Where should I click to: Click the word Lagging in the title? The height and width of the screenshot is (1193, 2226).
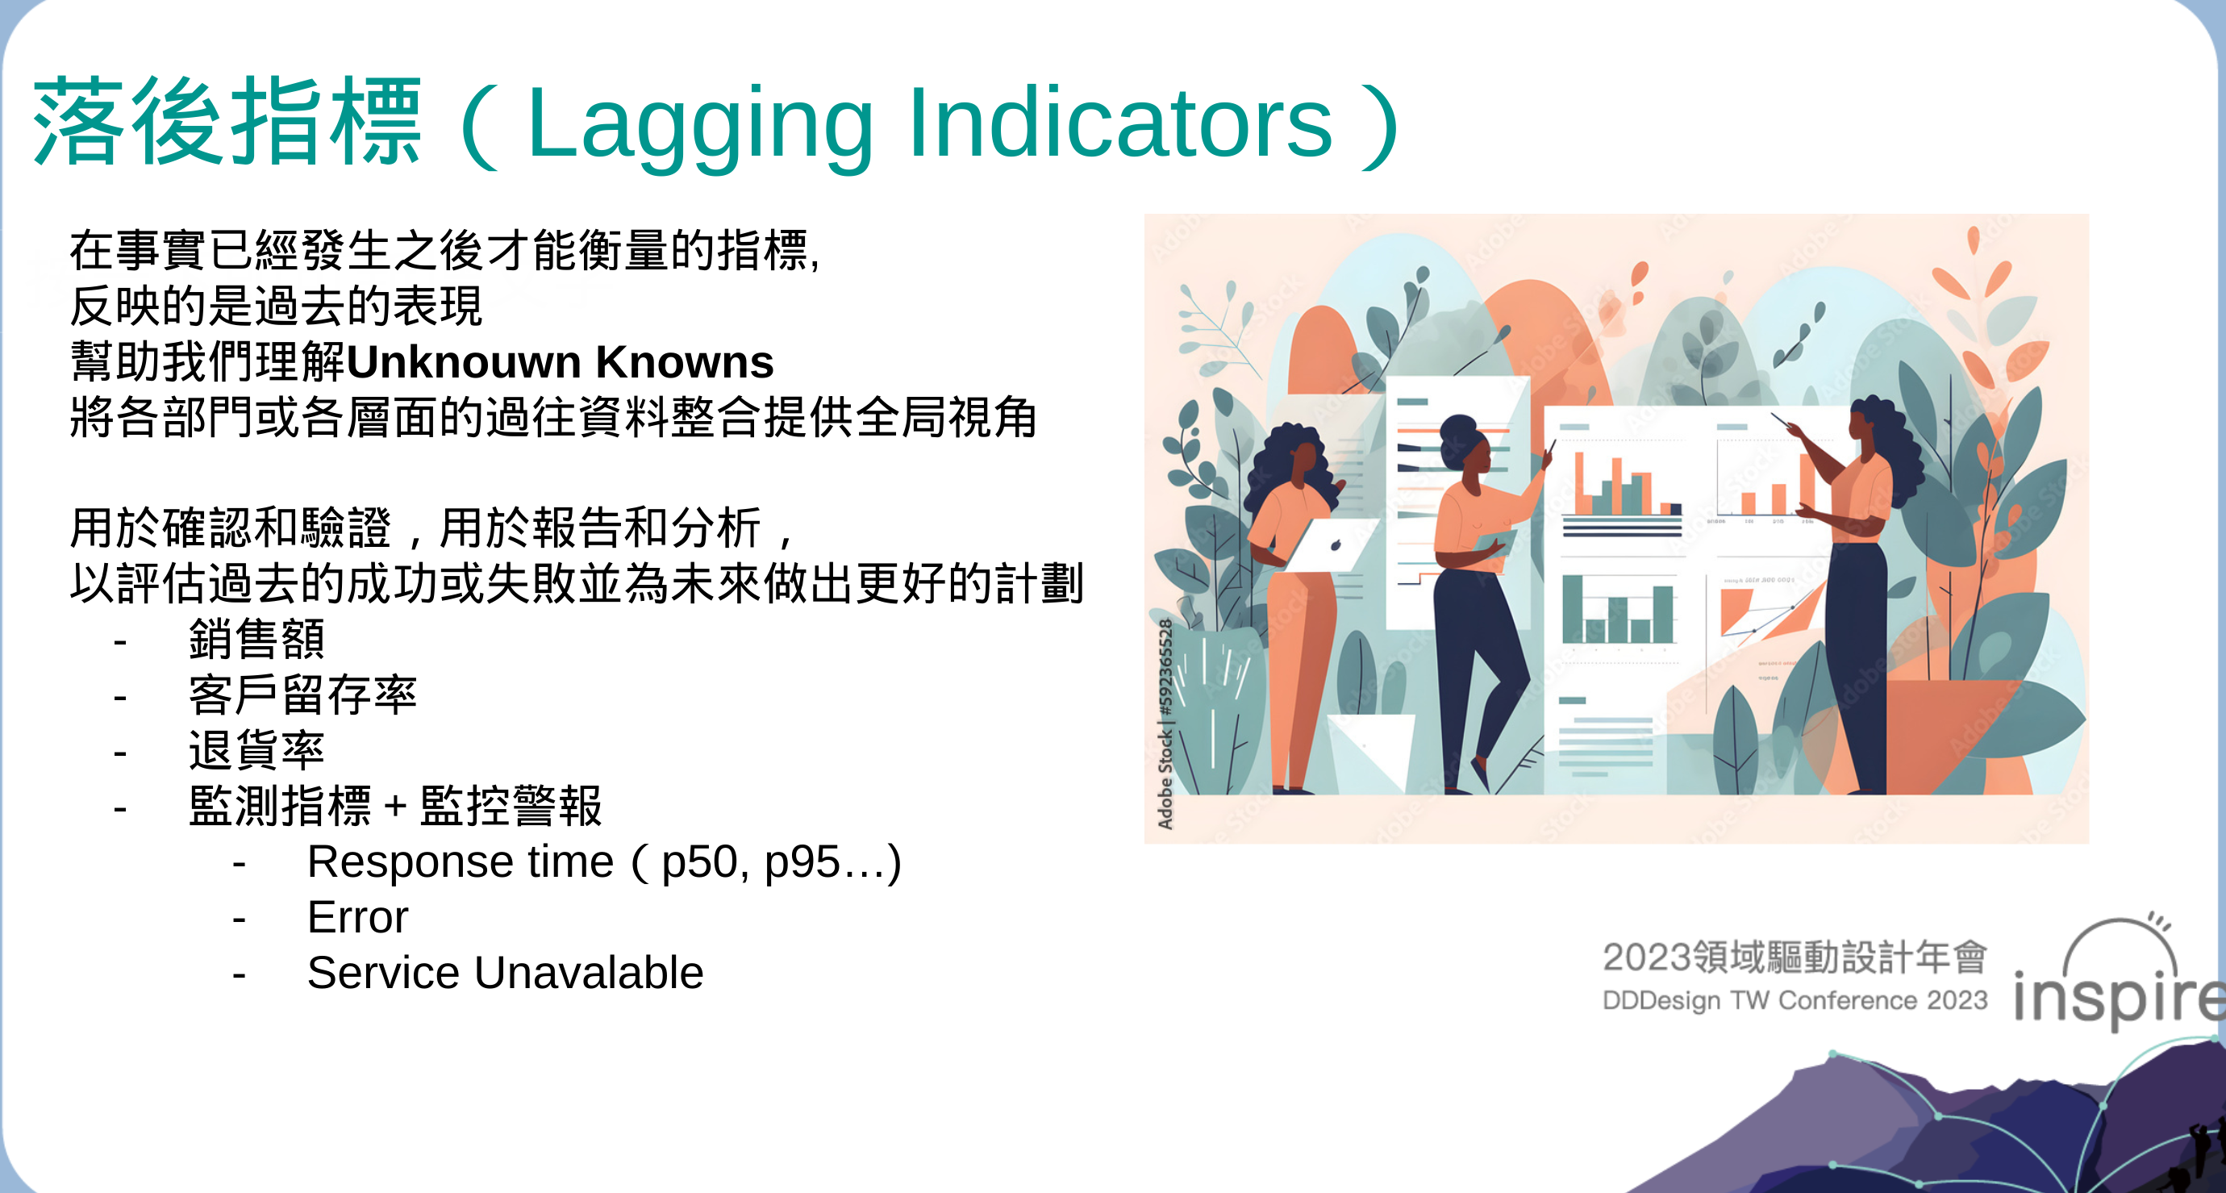tap(700, 126)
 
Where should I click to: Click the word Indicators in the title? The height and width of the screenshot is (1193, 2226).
tap(1121, 122)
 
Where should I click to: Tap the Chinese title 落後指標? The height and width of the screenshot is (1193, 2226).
tap(227, 121)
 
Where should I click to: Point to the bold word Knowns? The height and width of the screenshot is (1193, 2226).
tap(686, 361)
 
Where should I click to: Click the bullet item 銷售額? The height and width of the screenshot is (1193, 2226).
tap(256, 639)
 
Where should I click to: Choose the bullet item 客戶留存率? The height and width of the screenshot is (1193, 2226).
tap(302, 695)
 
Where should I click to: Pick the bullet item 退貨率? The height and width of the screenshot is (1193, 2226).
tap(256, 749)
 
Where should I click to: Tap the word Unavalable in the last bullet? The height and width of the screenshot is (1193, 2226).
tap(589, 973)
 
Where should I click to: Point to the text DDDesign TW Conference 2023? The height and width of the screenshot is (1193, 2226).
tap(1795, 1000)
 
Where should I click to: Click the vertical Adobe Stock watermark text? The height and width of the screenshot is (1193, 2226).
tap(1165, 724)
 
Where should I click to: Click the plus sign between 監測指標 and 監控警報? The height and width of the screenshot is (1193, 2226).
tap(396, 806)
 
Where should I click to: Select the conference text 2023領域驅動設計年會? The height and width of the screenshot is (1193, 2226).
tap(1795, 956)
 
